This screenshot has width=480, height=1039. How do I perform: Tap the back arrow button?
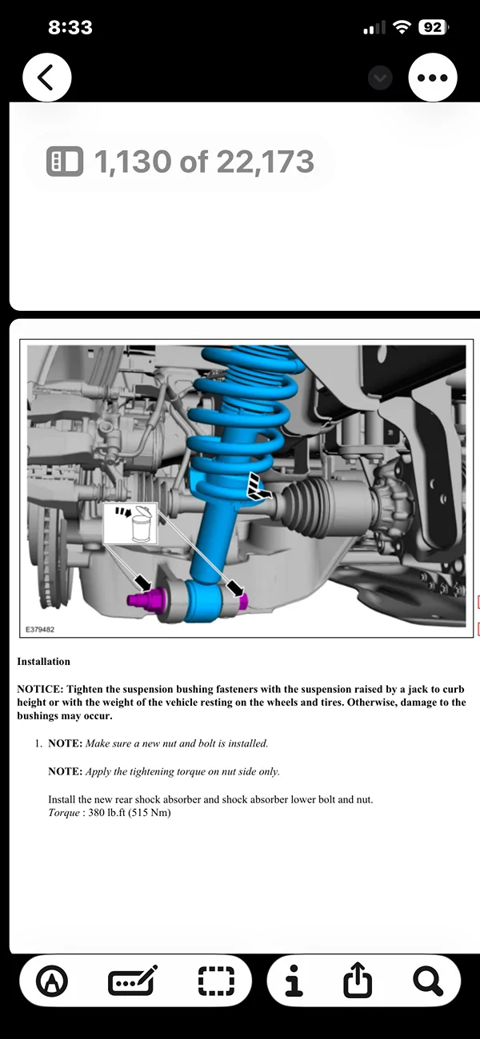click(47, 78)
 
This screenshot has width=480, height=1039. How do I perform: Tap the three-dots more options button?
click(433, 78)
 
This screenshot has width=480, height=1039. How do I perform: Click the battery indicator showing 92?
click(431, 27)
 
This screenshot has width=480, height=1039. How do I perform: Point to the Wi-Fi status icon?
click(401, 27)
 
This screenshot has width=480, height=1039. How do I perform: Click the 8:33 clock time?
click(70, 27)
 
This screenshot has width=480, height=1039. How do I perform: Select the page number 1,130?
click(133, 162)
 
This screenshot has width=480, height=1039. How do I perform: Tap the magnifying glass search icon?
click(428, 980)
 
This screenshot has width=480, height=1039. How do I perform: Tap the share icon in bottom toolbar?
click(358, 980)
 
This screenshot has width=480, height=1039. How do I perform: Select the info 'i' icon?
click(294, 980)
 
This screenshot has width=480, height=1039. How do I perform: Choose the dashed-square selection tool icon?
click(216, 980)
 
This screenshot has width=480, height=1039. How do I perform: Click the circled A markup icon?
click(53, 980)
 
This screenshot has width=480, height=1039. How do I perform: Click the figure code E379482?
click(40, 630)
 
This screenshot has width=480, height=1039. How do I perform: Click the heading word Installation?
click(43, 662)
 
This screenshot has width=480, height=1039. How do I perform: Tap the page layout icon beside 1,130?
click(65, 162)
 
